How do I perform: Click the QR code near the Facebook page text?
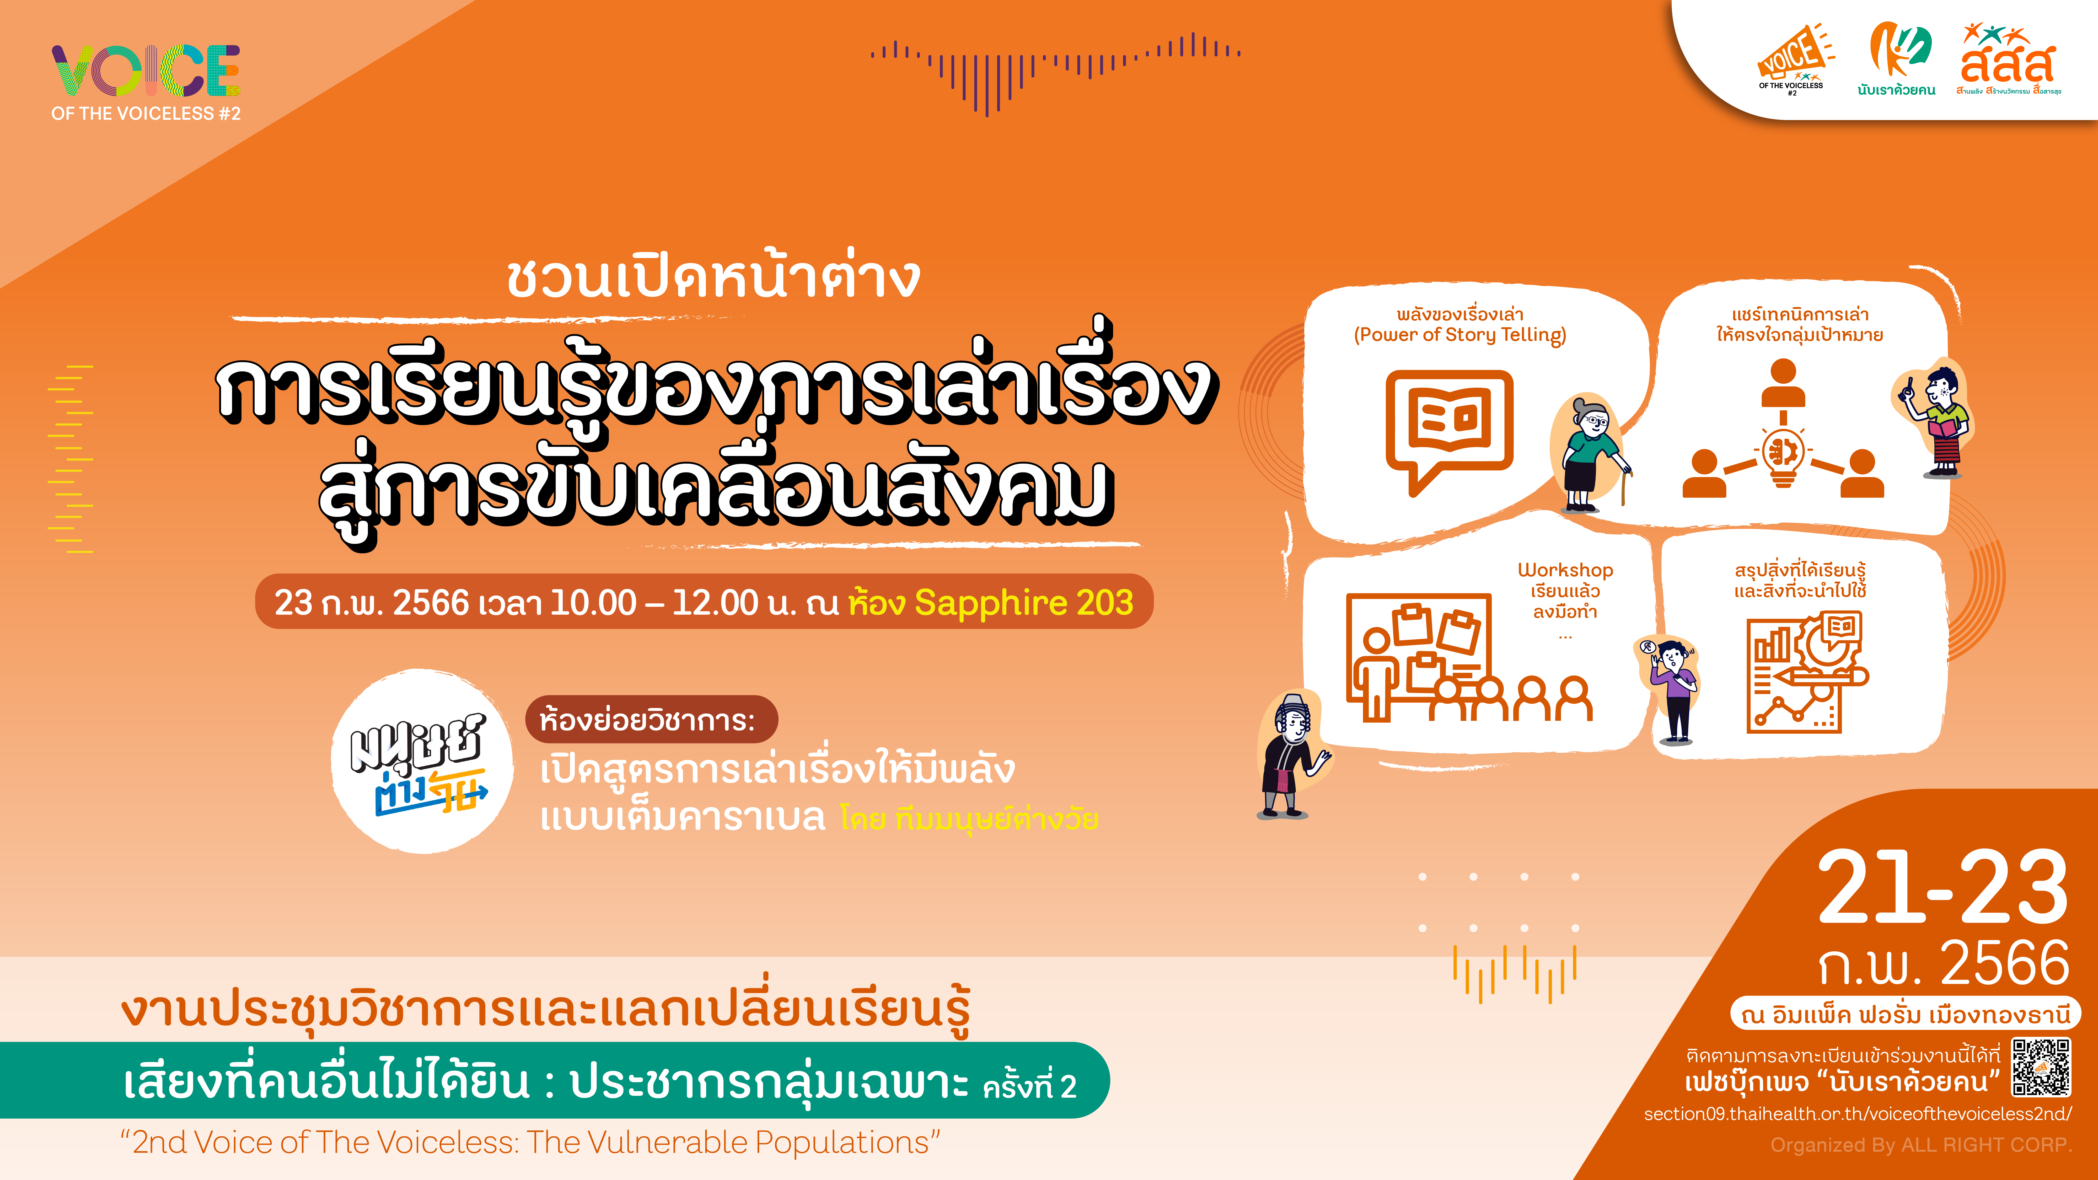(2041, 1067)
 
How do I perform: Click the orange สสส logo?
(2008, 61)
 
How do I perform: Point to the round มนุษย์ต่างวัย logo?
(422, 761)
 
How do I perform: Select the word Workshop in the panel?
(1565, 570)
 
